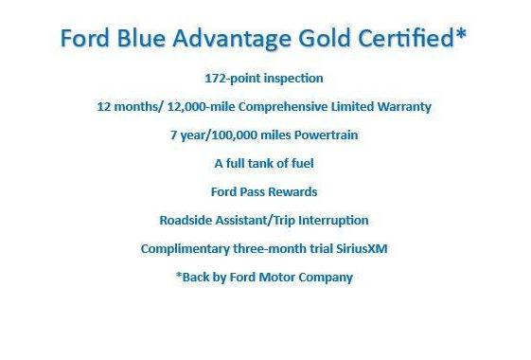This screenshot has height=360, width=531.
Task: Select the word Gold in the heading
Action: pos(321,40)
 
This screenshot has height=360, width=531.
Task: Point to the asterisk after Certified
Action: pos(462,36)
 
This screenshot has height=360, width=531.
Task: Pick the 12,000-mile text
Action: pos(200,106)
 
